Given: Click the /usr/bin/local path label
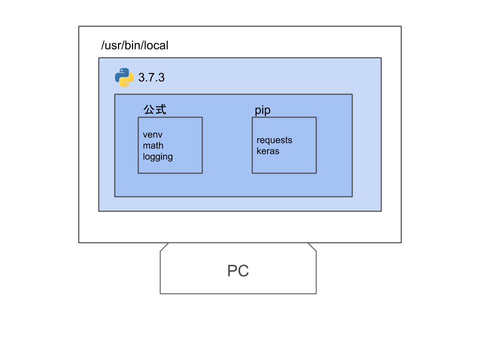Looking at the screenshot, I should (x=134, y=45).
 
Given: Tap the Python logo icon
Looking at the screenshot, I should (x=124, y=77).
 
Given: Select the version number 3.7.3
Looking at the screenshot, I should (x=151, y=78).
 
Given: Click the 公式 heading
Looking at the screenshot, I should (x=154, y=109).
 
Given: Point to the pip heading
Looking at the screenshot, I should (x=262, y=110).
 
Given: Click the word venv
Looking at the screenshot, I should (x=152, y=135).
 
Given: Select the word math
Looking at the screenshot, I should (x=153, y=145).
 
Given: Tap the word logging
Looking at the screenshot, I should (x=157, y=157).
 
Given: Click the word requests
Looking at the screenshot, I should (x=274, y=140).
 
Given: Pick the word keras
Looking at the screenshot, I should (x=268, y=151).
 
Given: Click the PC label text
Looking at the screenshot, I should (x=238, y=271).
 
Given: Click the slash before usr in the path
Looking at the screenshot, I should (x=102, y=45).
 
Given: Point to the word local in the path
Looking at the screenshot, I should (x=156, y=45).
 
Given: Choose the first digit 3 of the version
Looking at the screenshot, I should (x=141, y=78).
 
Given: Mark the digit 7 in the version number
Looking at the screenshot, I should (x=151, y=78).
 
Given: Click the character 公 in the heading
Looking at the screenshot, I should (x=149, y=109).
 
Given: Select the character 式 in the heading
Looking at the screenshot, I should (x=160, y=109).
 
